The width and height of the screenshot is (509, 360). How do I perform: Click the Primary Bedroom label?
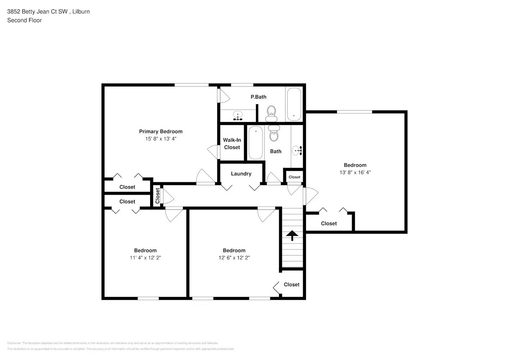(x=161, y=131)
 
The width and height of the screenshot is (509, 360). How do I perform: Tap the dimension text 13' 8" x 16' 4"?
(x=355, y=172)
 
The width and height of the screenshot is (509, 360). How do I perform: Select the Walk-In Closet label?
(x=232, y=144)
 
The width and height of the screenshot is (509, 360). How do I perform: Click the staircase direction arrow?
(x=292, y=235)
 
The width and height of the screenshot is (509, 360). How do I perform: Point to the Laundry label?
(x=241, y=174)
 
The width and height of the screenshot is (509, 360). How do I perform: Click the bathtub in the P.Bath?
(x=294, y=104)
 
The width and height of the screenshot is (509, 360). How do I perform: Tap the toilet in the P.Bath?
(x=271, y=113)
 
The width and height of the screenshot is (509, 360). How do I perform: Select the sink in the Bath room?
(x=297, y=151)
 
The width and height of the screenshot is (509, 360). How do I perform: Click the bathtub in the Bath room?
(x=256, y=143)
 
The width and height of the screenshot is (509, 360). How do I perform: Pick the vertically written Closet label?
(x=157, y=196)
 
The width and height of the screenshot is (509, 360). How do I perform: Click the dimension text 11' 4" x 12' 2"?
(x=145, y=258)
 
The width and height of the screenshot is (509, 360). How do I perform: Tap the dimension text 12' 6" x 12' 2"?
(x=234, y=258)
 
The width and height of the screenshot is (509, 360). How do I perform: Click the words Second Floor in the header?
(x=24, y=20)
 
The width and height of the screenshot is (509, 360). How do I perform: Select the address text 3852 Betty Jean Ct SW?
(x=37, y=12)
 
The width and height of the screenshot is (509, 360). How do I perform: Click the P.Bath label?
(x=258, y=97)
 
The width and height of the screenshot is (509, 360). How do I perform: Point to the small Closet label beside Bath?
(x=294, y=177)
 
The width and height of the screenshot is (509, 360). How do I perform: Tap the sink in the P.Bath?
(x=238, y=116)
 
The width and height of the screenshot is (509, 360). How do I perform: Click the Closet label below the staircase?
(x=291, y=284)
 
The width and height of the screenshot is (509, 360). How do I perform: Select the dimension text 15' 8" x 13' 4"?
(x=161, y=139)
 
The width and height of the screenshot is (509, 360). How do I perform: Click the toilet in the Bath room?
(x=274, y=134)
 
